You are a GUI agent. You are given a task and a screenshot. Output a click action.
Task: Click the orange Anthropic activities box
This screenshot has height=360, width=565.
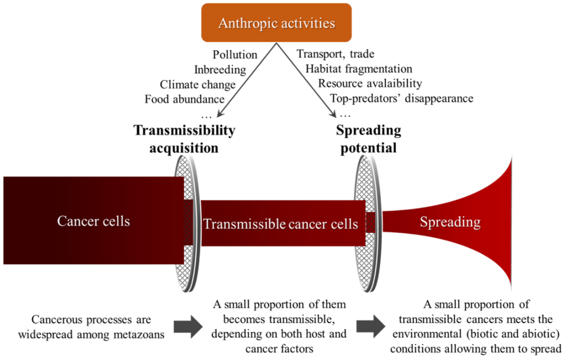[276, 23]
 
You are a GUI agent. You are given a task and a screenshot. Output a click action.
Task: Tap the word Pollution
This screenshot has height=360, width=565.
[235, 55]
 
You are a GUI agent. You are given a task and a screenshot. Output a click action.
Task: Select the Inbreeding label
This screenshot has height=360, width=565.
[219, 70]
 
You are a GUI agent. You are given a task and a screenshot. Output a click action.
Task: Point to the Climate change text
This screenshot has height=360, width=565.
[198, 84]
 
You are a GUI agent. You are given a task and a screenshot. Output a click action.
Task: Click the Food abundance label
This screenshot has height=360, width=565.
[184, 99]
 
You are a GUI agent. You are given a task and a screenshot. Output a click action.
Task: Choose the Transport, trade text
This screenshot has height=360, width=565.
[335, 54]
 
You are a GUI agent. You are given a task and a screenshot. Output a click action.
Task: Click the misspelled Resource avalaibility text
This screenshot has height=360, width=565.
[369, 84]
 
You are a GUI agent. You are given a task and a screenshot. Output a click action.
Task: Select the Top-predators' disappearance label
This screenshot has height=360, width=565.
[402, 99]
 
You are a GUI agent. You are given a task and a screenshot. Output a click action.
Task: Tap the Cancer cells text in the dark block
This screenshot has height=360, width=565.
[93, 221]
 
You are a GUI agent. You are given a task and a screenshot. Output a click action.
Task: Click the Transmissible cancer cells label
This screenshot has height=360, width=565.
[281, 225]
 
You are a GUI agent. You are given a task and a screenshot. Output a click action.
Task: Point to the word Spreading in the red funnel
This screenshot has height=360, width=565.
[450, 223]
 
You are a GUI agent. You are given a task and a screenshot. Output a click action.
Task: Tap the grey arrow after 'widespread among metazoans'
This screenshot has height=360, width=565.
[186, 327]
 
